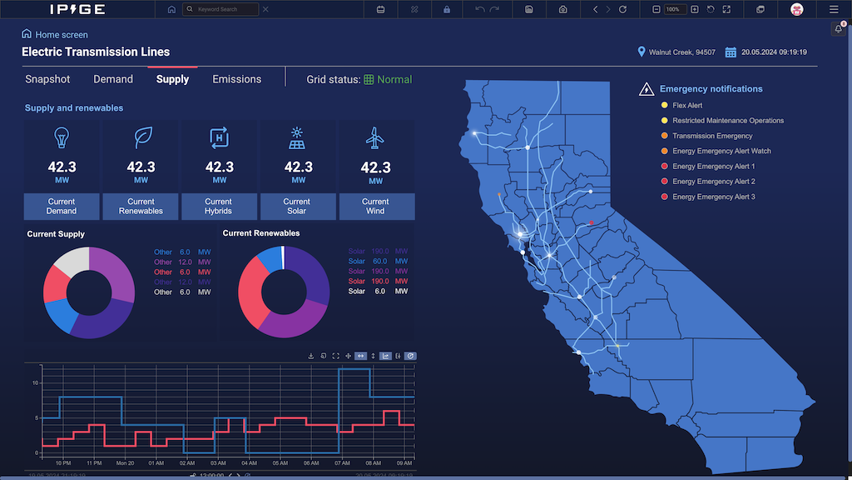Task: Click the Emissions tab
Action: pos(236,79)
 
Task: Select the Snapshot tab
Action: pos(47,79)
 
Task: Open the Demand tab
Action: pos(113,79)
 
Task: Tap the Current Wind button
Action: pos(375,207)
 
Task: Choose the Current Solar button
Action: pos(297,207)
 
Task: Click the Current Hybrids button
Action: pos(219,207)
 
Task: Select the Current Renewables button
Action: pos(141,207)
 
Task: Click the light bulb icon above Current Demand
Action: pos(62,137)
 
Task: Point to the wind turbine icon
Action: pos(375,137)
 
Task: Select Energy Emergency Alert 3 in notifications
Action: pos(713,197)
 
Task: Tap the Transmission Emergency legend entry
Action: pos(711,136)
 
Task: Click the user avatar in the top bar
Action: pos(796,9)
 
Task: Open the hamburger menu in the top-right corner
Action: pos(834,9)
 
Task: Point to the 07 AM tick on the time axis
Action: pos(342,462)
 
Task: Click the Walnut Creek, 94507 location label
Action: pos(681,52)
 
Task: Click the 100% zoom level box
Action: pos(672,9)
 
